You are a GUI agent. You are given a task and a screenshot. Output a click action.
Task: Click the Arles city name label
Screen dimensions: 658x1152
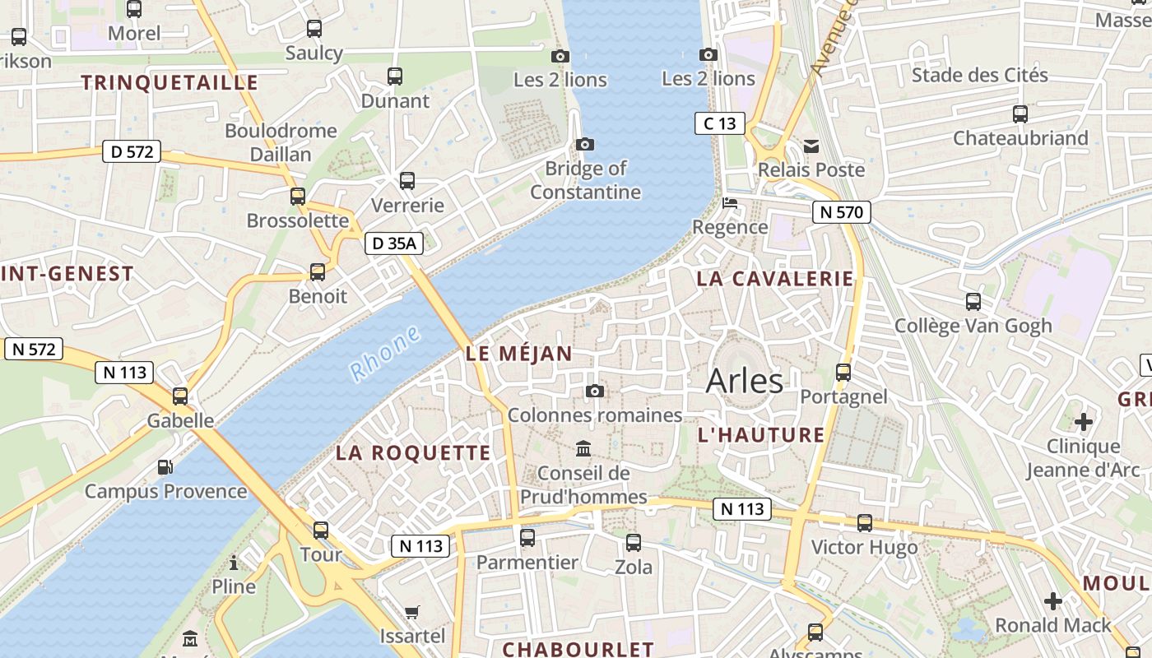click(745, 381)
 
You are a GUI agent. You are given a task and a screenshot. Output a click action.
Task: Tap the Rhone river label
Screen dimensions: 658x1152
click(386, 354)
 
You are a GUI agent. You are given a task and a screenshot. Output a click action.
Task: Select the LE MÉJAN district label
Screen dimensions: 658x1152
click(518, 354)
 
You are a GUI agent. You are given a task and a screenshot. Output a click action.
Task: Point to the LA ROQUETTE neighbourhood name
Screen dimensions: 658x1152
click(413, 453)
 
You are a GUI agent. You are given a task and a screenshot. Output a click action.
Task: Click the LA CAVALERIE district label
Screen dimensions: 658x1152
click(775, 279)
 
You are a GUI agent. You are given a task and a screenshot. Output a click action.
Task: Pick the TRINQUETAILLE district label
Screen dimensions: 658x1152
click(170, 82)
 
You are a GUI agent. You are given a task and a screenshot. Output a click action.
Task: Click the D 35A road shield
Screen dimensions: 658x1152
click(394, 243)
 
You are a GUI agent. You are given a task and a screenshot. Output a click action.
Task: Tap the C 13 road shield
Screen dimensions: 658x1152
click(720, 124)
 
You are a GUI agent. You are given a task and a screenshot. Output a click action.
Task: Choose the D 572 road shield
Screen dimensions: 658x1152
click(132, 152)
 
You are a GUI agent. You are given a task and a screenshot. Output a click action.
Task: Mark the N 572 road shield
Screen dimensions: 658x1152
click(34, 349)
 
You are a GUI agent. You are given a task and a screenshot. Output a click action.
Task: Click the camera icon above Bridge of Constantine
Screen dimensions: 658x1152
click(585, 145)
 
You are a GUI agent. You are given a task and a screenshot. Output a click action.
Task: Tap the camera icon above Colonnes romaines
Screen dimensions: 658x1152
click(595, 391)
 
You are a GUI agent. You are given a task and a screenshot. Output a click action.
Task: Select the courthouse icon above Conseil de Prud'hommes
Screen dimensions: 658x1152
click(583, 448)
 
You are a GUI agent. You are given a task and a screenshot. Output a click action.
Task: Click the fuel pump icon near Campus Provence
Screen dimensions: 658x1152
click(165, 467)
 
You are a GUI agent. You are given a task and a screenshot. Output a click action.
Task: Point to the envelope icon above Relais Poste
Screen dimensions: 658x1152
click(811, 146)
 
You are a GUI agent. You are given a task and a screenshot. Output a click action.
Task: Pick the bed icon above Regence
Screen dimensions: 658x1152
click(730, 203)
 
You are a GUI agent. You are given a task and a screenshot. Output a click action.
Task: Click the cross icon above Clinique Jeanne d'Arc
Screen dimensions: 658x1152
click(1084, 422)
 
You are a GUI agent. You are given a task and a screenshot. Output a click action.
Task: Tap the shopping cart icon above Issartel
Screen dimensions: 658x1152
click(412, 612)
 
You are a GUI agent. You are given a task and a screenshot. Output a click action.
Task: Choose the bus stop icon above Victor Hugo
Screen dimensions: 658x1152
click(865, 523)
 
